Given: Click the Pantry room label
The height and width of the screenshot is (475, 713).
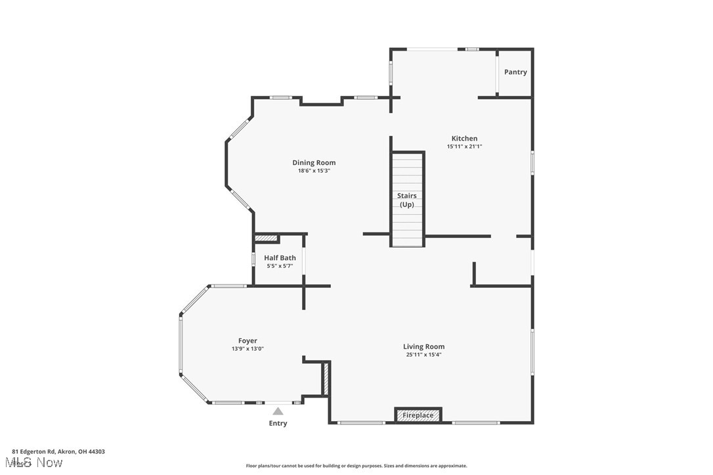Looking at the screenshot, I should [x=515, y=72].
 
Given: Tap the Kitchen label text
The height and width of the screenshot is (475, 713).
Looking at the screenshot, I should [x=464, y=139].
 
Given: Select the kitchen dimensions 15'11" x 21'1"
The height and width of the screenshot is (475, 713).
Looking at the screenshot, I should [x=464, y=147].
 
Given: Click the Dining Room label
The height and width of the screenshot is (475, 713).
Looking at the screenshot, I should [x=314, y=163].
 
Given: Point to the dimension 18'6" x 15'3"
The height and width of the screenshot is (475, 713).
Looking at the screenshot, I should [x=314, y=171].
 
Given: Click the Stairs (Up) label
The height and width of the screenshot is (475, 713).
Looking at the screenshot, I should [x=407, y=200].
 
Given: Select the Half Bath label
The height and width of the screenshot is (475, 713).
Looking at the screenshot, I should [x=280, y=258].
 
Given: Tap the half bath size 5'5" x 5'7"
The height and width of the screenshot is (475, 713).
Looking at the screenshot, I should [x=280, y=266].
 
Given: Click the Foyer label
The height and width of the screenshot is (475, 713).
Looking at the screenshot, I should [x=248, y=341].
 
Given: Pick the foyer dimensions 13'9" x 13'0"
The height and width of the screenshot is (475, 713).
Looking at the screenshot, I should [x=248, y=349].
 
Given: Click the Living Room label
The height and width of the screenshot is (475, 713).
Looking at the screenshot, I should [x=423, y=347].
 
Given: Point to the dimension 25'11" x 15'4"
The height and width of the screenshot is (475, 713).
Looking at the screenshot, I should [x=423, y=355].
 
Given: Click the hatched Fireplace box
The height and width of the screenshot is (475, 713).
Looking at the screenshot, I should [x=418, y=415].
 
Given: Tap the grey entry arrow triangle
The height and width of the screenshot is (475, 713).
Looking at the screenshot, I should [x=278, y=411].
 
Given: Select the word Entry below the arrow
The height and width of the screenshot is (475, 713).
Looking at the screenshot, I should [x=278, y=423].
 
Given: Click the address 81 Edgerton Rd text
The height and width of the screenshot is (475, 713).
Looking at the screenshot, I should [x=58, y=451].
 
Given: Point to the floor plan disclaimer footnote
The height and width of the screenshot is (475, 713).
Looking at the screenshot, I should [x=356, y=466].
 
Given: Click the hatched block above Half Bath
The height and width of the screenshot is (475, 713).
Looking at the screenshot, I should [x=267, y=238].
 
